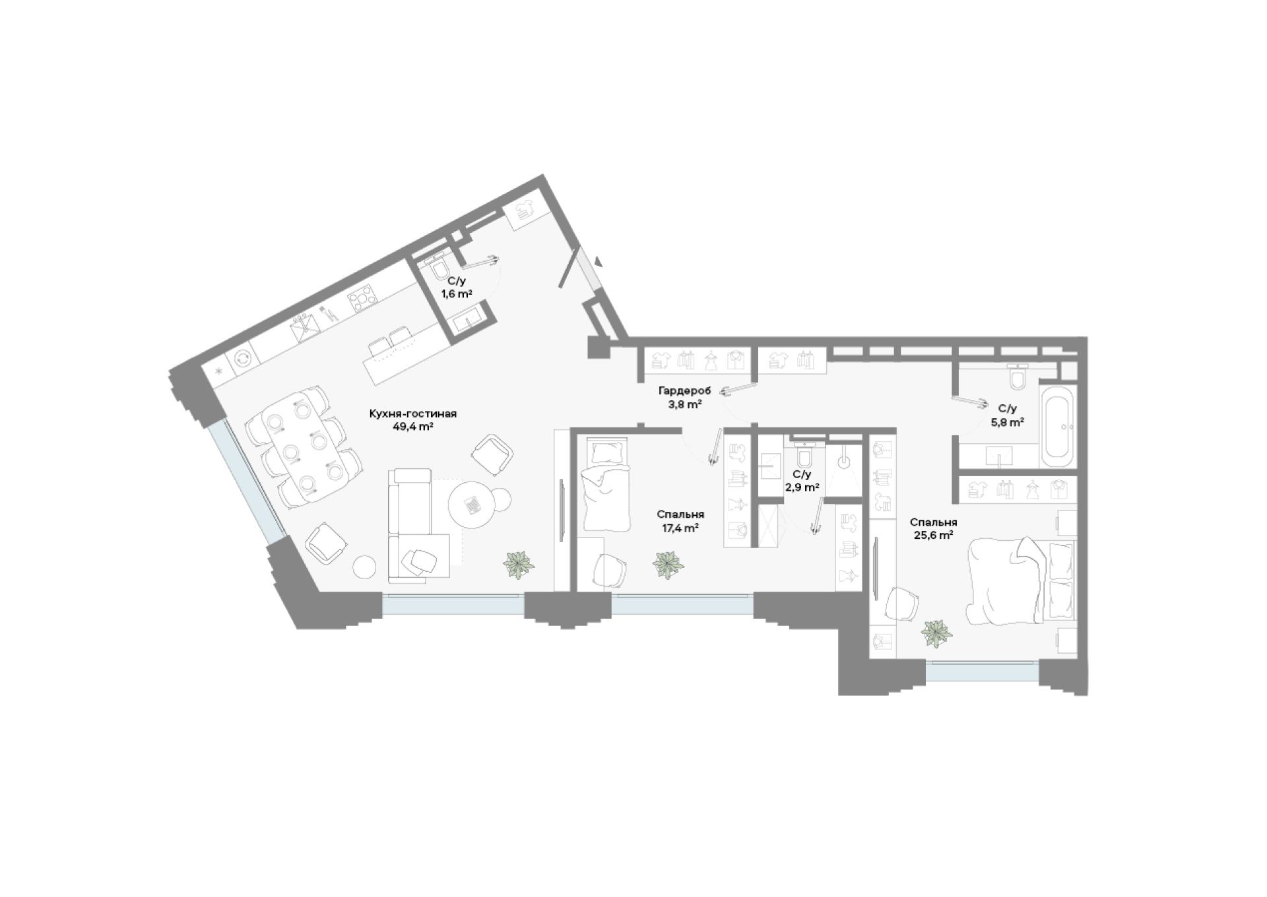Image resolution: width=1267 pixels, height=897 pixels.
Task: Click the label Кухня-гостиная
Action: (x=413, y=414)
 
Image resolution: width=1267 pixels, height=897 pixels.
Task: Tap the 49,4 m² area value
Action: (x=413, y=427)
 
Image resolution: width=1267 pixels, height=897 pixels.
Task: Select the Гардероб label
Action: (x=684, y=391)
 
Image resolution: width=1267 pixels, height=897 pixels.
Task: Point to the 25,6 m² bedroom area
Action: (x=932, y=536)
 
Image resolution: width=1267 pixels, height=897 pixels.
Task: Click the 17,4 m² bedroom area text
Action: (x=680, y=528)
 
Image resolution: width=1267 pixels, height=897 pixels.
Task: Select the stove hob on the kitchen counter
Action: (x=362, y=300)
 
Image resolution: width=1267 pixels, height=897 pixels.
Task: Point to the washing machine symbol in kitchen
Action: (x=243, y=358)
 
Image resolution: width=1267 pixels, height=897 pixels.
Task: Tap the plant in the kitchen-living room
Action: (x=519, y=565)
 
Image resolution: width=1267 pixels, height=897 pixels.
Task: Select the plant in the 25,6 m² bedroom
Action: (x=937, y=634)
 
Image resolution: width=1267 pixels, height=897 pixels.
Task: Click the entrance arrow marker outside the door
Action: (x=598, y=261)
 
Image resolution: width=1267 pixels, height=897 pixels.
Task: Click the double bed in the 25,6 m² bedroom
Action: (x=1021, y=581)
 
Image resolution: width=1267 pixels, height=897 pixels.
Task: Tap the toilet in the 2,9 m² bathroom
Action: (x=804, y=455)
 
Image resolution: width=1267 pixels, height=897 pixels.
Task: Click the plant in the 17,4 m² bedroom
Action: (x=668, y=565)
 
